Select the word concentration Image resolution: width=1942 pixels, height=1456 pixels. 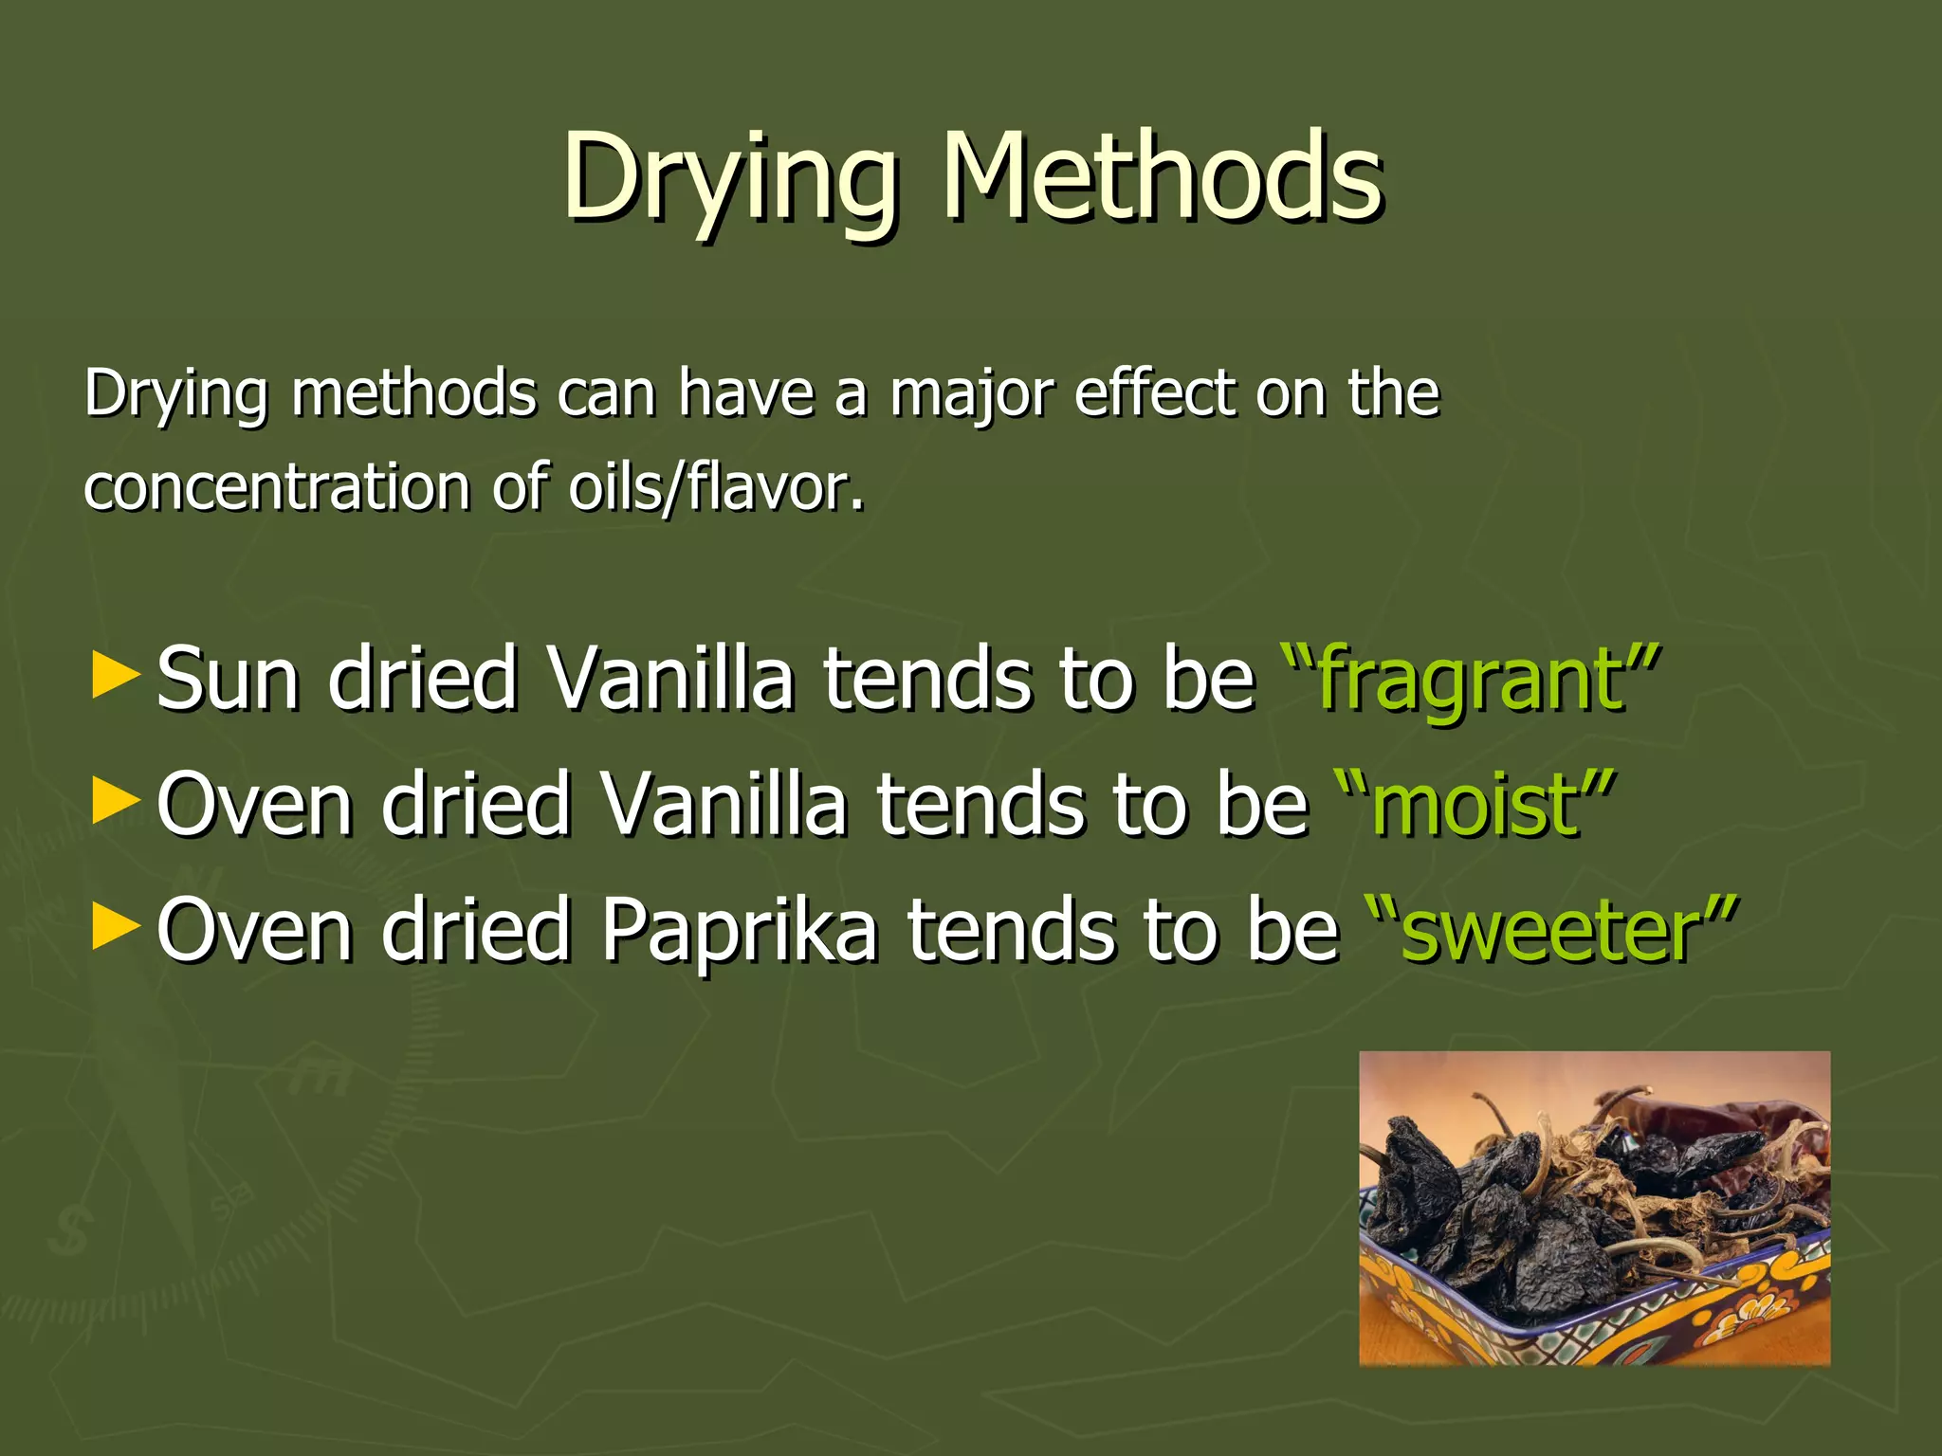[x=277, y=487]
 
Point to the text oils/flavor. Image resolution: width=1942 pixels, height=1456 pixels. [x=716, y=487]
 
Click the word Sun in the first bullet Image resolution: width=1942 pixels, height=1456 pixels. [x=228, y=679]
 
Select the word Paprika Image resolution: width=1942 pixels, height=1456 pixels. [x=740, y=931]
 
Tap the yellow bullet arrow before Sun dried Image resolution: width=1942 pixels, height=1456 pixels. [x=116, y=677]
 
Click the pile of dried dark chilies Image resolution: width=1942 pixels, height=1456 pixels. [x=1517, y=1204]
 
